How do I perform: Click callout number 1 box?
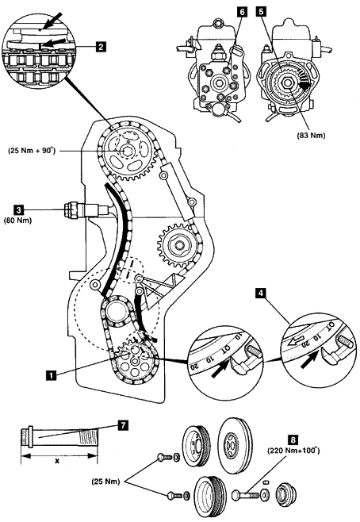point(51,375)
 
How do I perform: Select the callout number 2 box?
point(101,46)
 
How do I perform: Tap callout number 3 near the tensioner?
point(18,209)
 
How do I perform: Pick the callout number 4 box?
point(261,294)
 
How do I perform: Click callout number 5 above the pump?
point(261,12)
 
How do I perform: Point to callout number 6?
point(243,12)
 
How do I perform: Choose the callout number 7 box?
point(123,425)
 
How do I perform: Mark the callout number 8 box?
point(293,440)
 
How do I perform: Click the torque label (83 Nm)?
point(311,135)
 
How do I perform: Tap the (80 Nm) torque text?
point(17,221)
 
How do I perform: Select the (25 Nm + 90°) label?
point(32,151)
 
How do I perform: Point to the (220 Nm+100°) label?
point(293,451)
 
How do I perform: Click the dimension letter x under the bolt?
point(57,461)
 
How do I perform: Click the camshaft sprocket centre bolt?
point(127,152)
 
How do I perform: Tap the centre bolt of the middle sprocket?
point(178,245)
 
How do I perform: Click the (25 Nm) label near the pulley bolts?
point(105,481)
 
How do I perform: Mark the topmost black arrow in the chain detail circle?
point(51,21)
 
